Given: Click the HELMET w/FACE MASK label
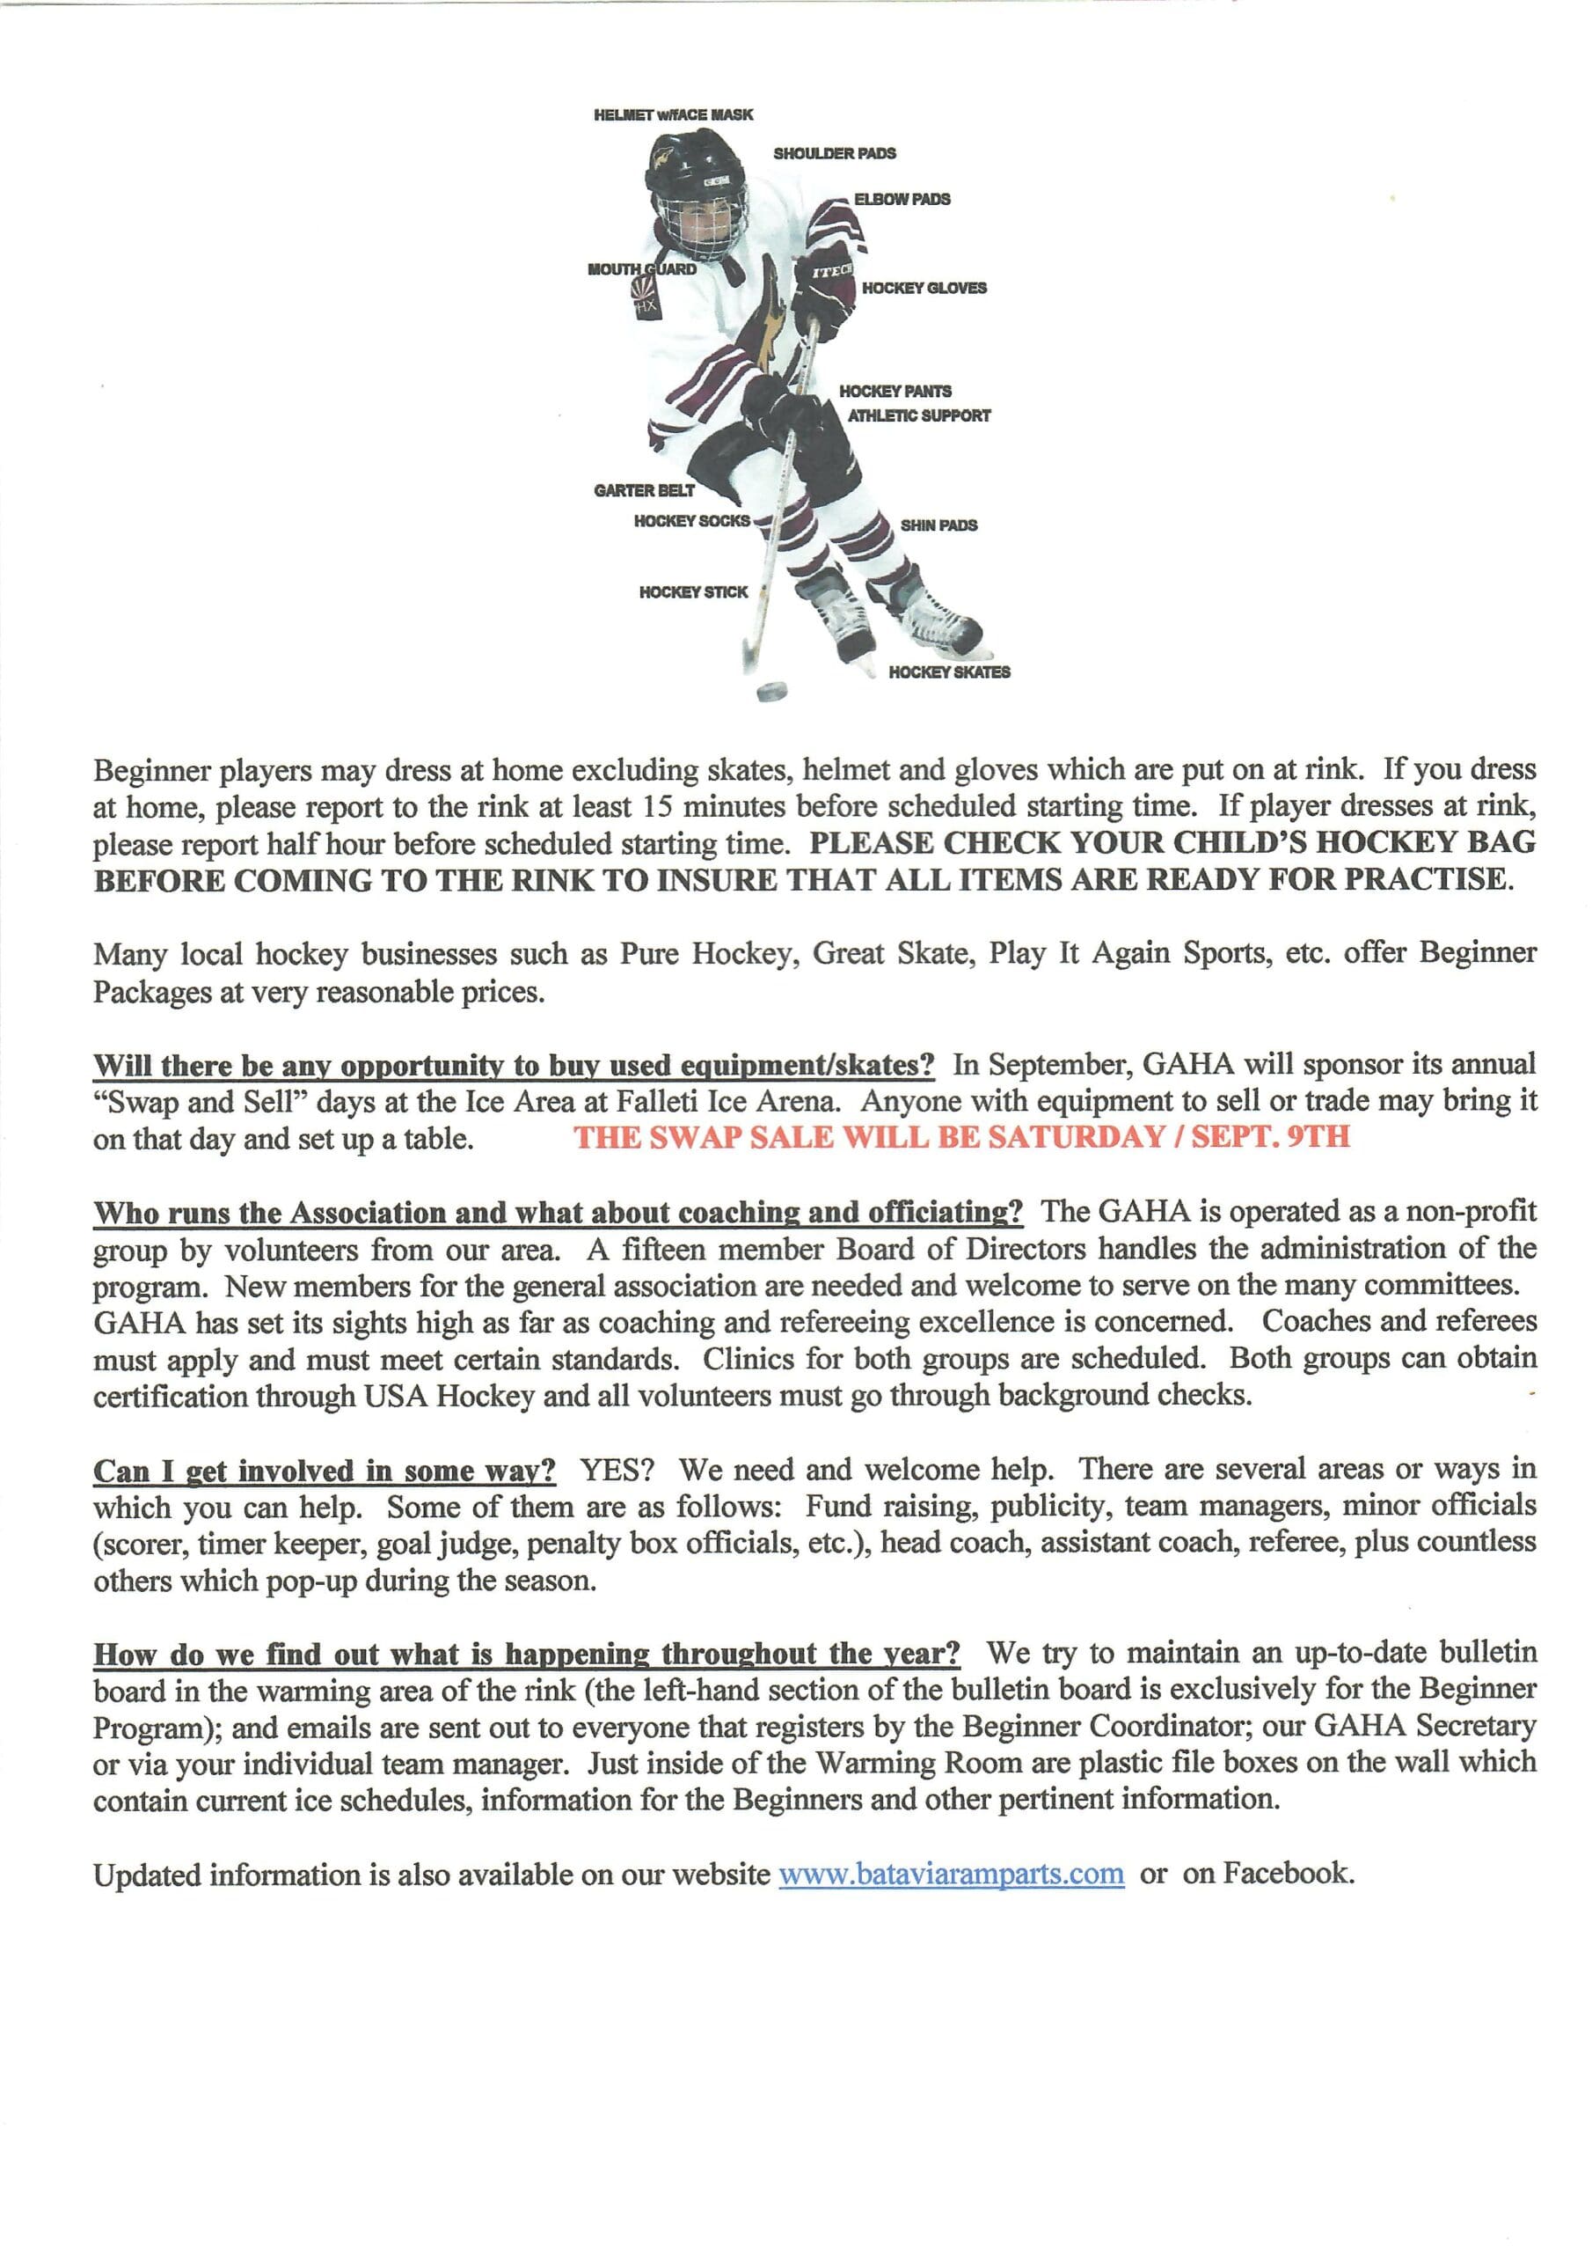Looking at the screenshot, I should click(x=673, y=114).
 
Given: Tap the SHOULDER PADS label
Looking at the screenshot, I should click(x=834, y=153).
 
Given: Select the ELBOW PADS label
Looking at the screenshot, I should click(x=902, y=199).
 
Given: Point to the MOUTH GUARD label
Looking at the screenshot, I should click(x=641, y=269).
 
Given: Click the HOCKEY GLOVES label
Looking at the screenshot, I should click(x=924, y=288).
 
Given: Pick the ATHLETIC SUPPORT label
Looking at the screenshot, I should click(x=919, y=416).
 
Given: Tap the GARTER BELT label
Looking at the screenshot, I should click(x=644, y=490).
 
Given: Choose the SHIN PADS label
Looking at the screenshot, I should click(x=938, y=525).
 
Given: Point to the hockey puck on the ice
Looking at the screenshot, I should click(x=773, y=693).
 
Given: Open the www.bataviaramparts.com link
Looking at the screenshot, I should click(x=951, y=1874).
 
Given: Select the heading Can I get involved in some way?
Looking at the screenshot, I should click(x=325, y=1470).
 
